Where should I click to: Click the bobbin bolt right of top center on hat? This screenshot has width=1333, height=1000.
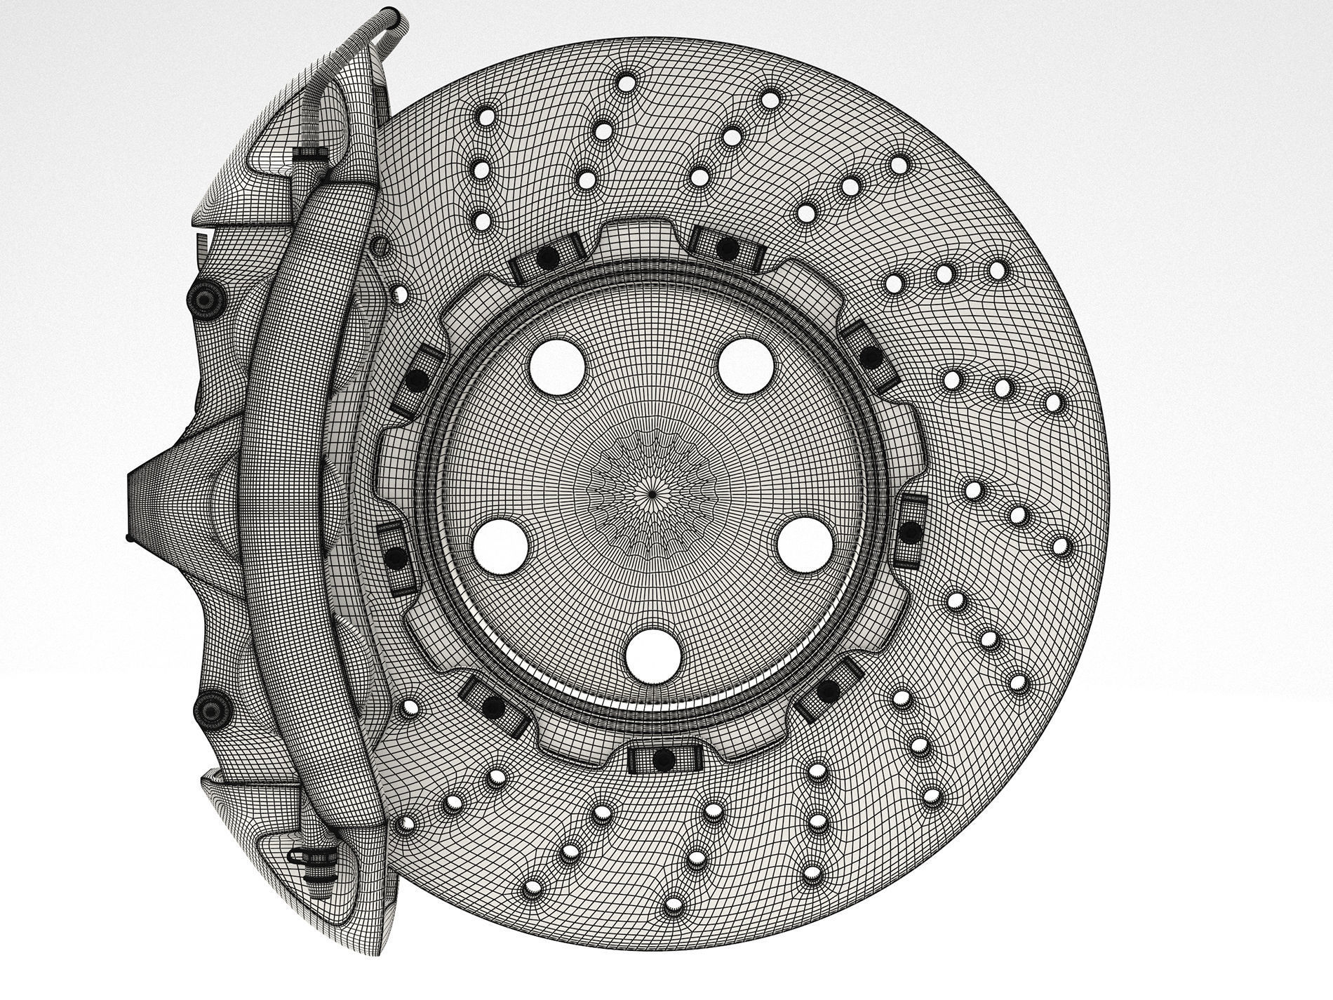725,244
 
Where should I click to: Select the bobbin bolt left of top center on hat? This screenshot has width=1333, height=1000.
547,259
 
